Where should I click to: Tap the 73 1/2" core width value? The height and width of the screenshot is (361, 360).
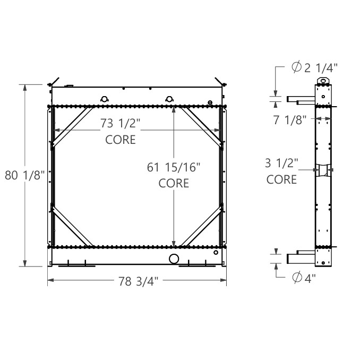pos(121,124)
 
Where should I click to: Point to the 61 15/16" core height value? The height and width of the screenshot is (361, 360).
pos(174,168)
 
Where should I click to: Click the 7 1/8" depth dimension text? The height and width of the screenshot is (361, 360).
pos(290,120)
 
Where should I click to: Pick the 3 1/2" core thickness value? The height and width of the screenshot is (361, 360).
pos(282,163)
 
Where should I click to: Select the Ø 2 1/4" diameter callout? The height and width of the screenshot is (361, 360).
pos(314,67)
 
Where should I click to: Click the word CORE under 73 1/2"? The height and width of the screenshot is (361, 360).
pos(121,140)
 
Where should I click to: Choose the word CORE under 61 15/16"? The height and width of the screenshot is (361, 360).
pos(174,183)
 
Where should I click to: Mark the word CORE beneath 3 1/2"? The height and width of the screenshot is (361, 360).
pos(282,179)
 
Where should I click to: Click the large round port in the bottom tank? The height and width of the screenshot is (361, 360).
pos(174,259)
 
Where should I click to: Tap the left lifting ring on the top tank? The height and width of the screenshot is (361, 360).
pos(105,98)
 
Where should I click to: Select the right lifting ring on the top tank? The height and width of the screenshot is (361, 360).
pos(169,98)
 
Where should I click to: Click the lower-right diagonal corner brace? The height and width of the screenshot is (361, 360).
pos(201,226)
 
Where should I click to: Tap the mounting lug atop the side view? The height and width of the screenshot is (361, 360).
pos(323,81)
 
